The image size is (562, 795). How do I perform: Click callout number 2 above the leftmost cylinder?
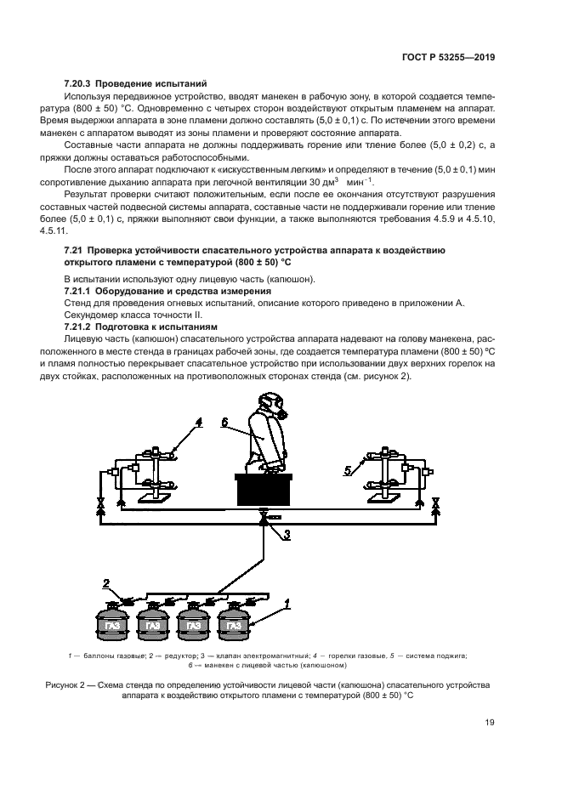[106, 583]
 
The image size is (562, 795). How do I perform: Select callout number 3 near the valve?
[287, 535]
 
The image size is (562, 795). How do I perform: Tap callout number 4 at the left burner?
[198, 422]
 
